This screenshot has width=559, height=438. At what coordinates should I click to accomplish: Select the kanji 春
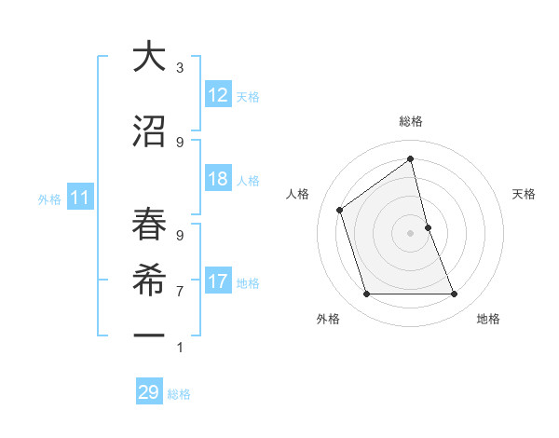[x=148, y=225]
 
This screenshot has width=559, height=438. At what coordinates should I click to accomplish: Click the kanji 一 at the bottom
[x=148, y=333]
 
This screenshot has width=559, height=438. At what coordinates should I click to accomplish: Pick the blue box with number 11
[x=79, y=198]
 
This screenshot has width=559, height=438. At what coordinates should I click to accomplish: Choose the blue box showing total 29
[x=148, y=392]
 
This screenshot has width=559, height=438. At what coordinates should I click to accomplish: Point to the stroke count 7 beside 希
[x=180, y=291]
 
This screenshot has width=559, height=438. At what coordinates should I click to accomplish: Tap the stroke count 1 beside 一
[x=180, y=348]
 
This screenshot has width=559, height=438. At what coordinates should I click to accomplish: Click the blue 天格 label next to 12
[x=247, y=97]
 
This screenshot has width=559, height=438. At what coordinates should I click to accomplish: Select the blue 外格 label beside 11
[x=48, y=198]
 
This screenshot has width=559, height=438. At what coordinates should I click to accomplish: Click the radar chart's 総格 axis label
[x=410, y=121]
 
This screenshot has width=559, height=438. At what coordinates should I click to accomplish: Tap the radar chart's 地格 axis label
[x=488, y=319]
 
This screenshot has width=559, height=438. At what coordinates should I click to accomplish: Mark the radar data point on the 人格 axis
[x=340, y=210]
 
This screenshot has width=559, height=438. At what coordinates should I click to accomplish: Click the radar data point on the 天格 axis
[x=428, y=227]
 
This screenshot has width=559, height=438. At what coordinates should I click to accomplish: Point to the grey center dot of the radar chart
[x=410, y=233]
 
